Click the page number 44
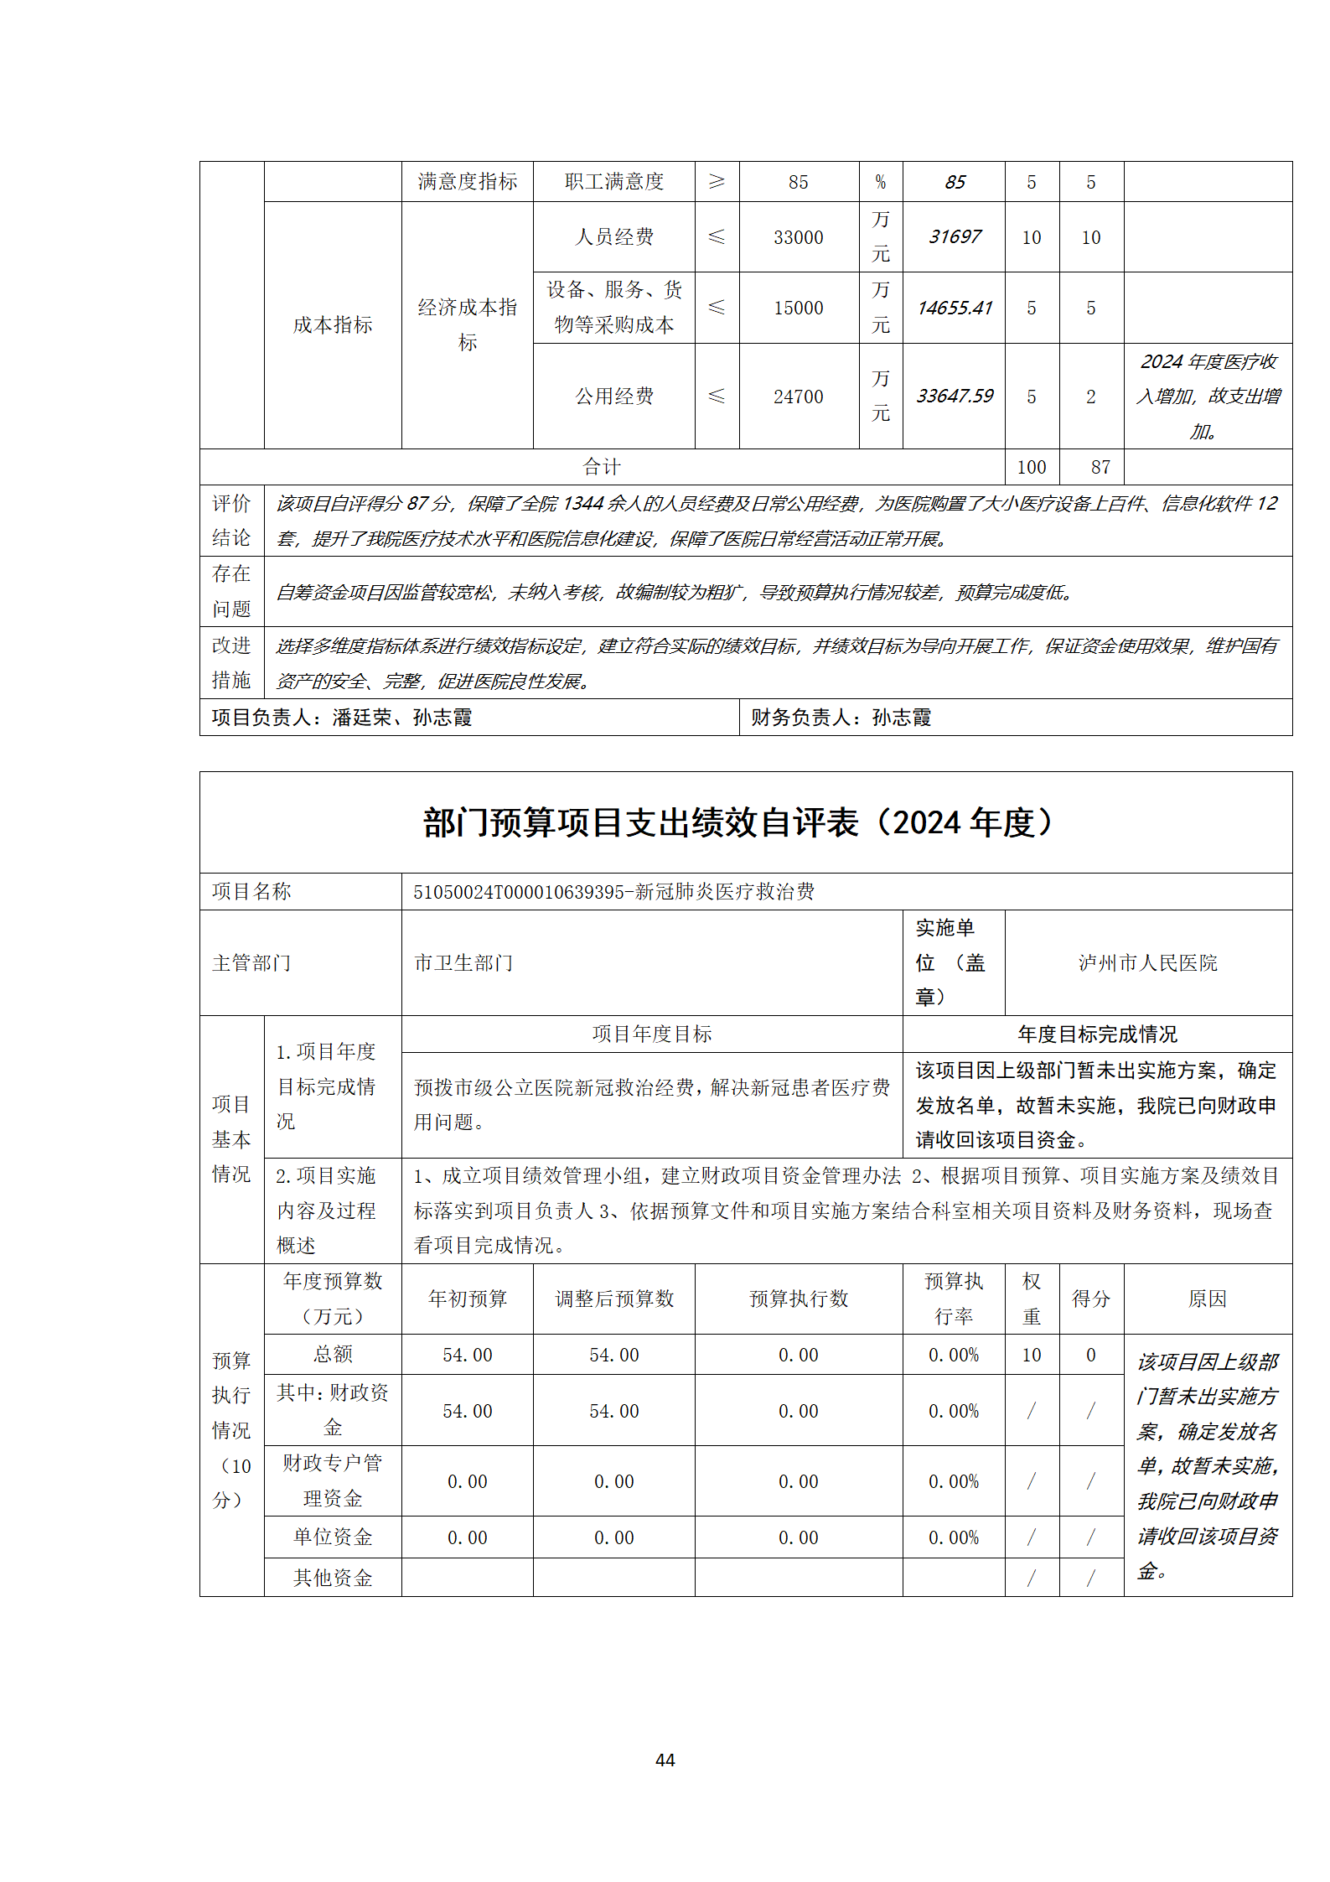point(665,1760)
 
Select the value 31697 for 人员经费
point(954,237)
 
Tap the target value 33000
point(798,238)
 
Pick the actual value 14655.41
point(954,308)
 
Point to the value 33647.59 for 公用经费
point(954,397)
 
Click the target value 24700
point(798,397)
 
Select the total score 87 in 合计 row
point(1100,467)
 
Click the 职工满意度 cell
point(613,182)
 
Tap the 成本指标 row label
point(333,325)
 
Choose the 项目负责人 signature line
point(342,718)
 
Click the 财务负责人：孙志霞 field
point(841,718)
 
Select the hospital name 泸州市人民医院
point(1147,963)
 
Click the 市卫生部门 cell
point(463,963)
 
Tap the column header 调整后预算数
point(613,1299)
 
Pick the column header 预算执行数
point(798,1299)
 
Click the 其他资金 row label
point(333,1578)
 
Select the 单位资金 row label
point(333,1537)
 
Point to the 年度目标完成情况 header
point(1097,1034)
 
